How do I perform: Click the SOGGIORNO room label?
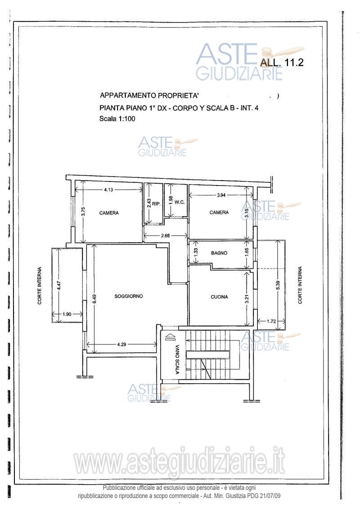(129, 296)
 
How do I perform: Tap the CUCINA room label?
(219, 297)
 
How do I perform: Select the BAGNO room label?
(219, 253)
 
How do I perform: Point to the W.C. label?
(180, 202)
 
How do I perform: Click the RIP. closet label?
(156, 204)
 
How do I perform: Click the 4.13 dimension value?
(109, 190)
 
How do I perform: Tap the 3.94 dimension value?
(221, 195)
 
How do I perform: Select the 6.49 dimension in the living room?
(94, 299)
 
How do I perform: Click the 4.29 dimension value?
(122, 344)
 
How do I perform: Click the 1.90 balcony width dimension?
(67, 314)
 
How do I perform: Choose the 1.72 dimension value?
(271, 321)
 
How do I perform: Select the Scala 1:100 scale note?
(117, 119)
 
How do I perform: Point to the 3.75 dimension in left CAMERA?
(84, 212)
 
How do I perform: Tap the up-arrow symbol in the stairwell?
(168, 337)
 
